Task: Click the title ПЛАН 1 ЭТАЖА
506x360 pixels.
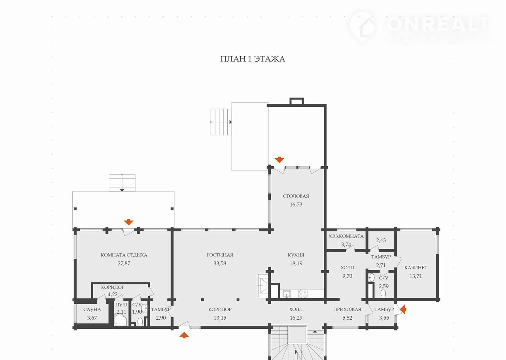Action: coord(253,59)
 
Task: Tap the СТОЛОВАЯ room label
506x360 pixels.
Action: coord(296,196)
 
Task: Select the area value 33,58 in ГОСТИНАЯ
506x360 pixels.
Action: coord(219,263)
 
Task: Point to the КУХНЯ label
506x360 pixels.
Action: coord(296,255)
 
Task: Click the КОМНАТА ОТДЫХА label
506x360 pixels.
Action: coord(124,255)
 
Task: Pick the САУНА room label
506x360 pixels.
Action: coord(92,309)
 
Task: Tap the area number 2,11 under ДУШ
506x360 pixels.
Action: coord(121,312)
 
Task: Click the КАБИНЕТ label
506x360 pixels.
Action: coord(415,267)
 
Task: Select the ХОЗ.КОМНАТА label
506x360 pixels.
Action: coord(346,236)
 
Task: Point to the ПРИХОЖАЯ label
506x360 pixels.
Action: coord(347,309)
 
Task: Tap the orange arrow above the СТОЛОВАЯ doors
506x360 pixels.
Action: coord(279,160)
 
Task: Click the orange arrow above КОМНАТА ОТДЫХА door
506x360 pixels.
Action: coord(128,222)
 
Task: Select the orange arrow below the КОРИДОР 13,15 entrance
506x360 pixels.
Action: coord(184,335)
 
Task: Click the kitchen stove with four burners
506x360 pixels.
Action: coord(303,294)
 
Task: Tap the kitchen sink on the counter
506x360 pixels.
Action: coord(287,294)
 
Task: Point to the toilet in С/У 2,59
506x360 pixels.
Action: coord(383,294)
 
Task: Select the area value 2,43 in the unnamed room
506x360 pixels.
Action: coord(381,240)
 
